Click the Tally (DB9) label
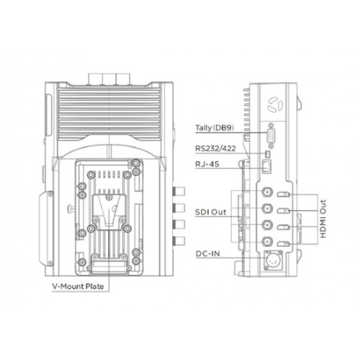click(215, 127)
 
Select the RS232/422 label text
click(215, 148)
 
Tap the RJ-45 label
click(207, 164)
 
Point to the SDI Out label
click(210, 212)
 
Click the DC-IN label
click(208, 253)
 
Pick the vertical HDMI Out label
click(323, 219)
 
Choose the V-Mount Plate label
click(78, 287)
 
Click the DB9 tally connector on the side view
click(271, 135)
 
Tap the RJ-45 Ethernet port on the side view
click(267, 166)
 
